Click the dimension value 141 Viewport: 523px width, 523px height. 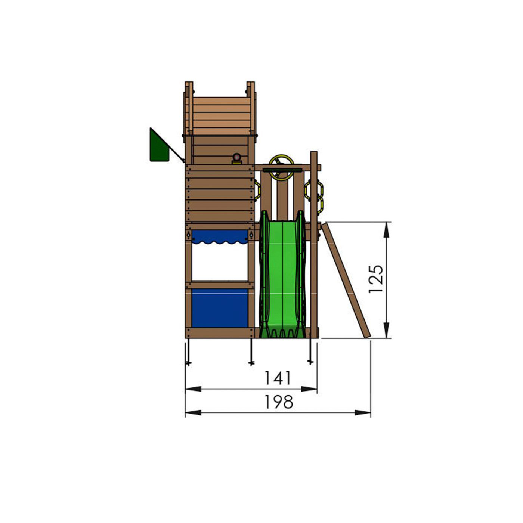(x=278, y=378)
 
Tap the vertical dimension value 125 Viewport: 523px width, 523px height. (x=376, y=279)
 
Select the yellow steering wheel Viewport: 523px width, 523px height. (x=282, y=168)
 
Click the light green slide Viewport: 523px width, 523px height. (x=282, y=274)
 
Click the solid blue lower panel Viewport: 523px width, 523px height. (x=220, y=308)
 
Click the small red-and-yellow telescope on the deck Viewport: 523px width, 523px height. (x=237, y=159)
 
